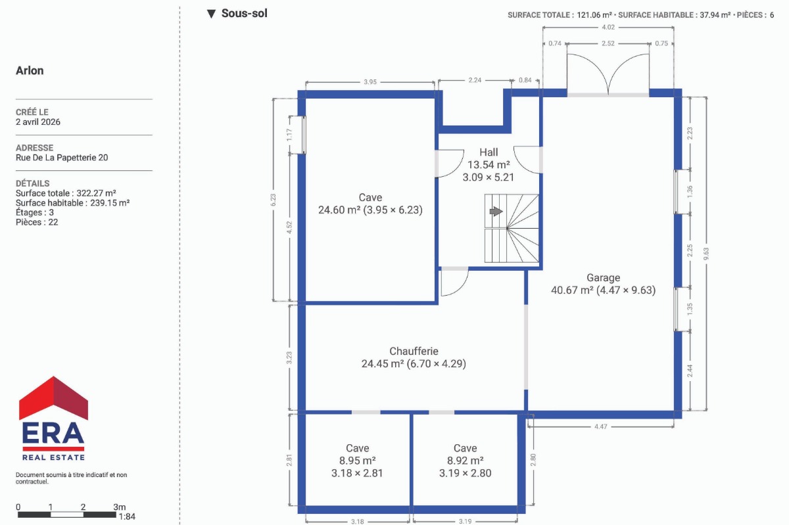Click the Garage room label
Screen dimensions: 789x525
pyautogui.click(x=603, y=277)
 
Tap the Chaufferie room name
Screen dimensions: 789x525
pyautogui.click(x=414, y=351)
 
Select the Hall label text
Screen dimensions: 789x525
pyautogui.click(x=489, y=152)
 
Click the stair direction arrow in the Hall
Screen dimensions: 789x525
pyautogui.click(x=496, y=212)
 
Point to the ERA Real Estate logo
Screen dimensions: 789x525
pyautogui.click(x=53, y=419)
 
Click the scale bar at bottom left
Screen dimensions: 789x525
pyautogui.click(x=67, y=514)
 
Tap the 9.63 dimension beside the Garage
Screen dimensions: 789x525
pyautogui.click(x=706, y=254)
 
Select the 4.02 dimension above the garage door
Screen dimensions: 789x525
pyautogui.click(x=608, y=27)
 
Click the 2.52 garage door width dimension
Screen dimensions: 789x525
pyautogui.click(x=608, y=43)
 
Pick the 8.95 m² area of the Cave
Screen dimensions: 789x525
pyautogui.click(x=357, y=461)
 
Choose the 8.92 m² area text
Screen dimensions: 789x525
pyautogui.click(x=465, y=461)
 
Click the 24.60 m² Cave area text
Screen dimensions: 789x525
pyautogui.click(x=339, y=210)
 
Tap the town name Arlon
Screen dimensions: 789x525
pyautogui.click(x=30, y=70)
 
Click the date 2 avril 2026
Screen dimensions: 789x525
pyautogui.click(x=38, y=122)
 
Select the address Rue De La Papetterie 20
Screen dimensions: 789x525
pyautogui.click(x=62, y=158)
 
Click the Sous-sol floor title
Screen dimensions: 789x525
pyautogui.click(x=244, y=13)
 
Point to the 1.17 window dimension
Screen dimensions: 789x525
pyautogui.click(x=289, y=135)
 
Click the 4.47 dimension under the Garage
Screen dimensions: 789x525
pyautogui.click(x=600, y=426)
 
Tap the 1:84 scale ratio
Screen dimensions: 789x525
pyautogui.click(x=127, y=516)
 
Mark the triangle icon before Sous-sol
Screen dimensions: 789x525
pyautogui.click(x=211, y=14)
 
